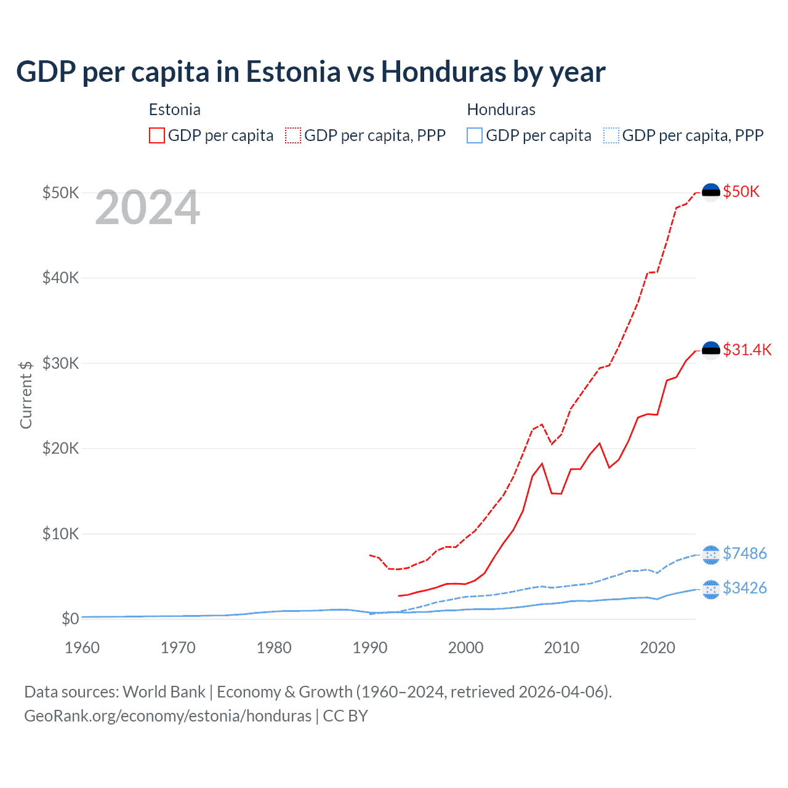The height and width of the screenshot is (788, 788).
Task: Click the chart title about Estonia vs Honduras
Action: pos(311,72)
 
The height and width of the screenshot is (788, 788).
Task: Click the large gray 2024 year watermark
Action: pos(148,208)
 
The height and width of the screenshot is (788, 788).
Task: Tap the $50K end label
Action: pos(741,191)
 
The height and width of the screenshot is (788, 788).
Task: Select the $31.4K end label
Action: pos(747,350)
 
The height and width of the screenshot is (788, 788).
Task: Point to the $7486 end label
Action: pos(744,553)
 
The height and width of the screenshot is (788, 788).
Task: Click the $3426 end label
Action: pos(744,588)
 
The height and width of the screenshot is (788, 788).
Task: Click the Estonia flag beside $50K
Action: pos(711,192)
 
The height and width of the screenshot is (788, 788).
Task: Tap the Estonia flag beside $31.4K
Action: pos(711,350)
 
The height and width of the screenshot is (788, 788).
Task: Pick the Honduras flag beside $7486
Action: pos(711,554)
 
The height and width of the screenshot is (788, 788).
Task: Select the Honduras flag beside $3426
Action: pos(711,589)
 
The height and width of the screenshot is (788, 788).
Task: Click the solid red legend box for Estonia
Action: pos(157,135)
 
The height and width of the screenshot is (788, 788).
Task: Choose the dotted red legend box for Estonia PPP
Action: pos(293,135)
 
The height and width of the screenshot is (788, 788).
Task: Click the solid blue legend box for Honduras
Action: pos(475,135)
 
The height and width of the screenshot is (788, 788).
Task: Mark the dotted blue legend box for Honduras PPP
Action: pos(611,135)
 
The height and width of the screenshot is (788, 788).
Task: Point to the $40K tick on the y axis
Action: pos(61,278)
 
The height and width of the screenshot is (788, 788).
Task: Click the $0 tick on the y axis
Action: pos(70,618)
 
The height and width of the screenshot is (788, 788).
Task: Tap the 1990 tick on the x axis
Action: pos(370,648)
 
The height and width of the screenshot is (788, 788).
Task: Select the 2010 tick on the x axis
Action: pos(561,648)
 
